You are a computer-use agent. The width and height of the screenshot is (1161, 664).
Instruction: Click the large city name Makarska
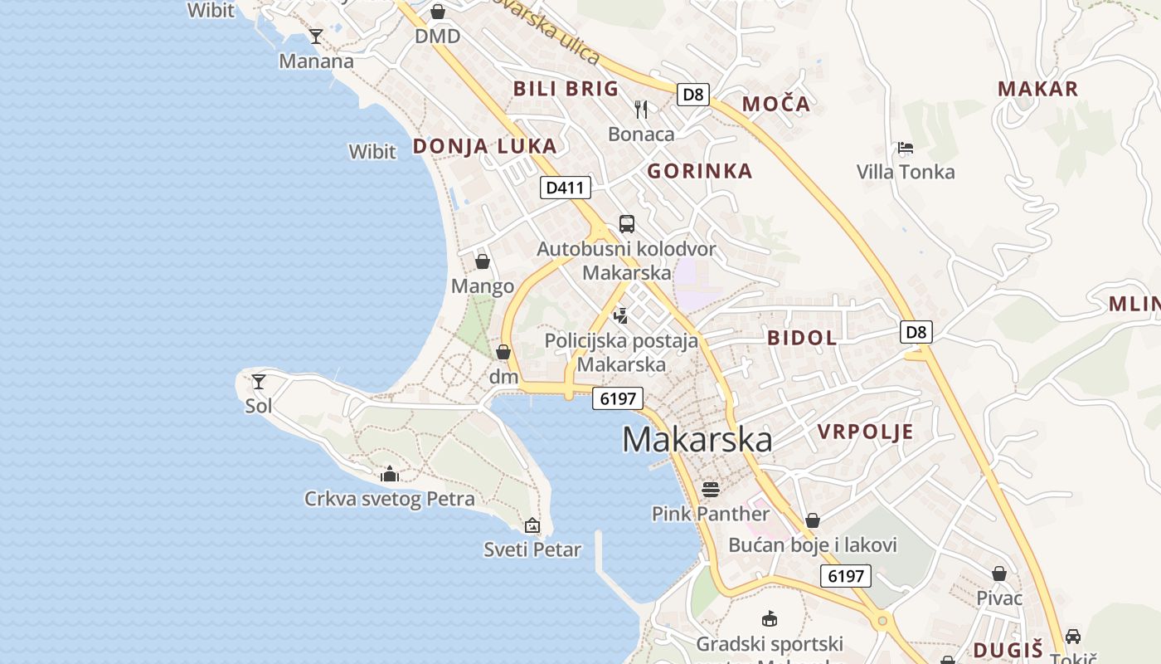[x=697, y=440]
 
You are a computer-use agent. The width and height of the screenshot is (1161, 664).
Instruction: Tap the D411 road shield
[x=565, y=188]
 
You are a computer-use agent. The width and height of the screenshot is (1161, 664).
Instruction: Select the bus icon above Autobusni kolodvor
[x=627, y=223]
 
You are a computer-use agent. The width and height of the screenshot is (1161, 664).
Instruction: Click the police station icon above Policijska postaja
[x=620, y=315]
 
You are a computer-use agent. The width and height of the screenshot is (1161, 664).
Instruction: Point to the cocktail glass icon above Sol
[x=259, y=382]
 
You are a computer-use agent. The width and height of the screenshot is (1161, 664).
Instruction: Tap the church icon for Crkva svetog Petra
[x=389, y=474]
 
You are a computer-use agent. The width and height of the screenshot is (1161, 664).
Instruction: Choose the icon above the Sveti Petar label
[x=532, y=525]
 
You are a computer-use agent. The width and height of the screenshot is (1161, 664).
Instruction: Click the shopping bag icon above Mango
[x=483, y=261]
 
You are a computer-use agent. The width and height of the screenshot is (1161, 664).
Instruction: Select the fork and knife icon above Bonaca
[x=641, y=109]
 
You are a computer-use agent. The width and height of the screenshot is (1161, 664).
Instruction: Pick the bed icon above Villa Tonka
[x=906, y=148]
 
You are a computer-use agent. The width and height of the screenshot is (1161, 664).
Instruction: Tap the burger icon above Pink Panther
[x=711, y=489]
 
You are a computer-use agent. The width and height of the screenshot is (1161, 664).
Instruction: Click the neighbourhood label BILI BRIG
[x=566, y=89]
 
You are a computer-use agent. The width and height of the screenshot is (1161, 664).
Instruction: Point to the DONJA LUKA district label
[x=485, y=147]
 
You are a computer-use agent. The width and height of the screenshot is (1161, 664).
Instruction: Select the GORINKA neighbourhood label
[x=700, y=172]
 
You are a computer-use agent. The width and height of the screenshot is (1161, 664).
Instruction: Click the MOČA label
[x=776, y=104]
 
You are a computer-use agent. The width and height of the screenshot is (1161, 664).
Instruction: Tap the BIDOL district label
[x=802, y=338]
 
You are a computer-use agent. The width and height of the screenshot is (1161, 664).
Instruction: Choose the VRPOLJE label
[x=866, y=432]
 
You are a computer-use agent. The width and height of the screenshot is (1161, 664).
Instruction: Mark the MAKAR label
[x=1037, y=89]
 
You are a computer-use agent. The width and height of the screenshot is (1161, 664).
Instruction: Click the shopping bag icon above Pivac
[x=999, y=574]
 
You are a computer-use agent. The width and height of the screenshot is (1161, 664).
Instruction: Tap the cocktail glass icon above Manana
[x=316, y=36]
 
